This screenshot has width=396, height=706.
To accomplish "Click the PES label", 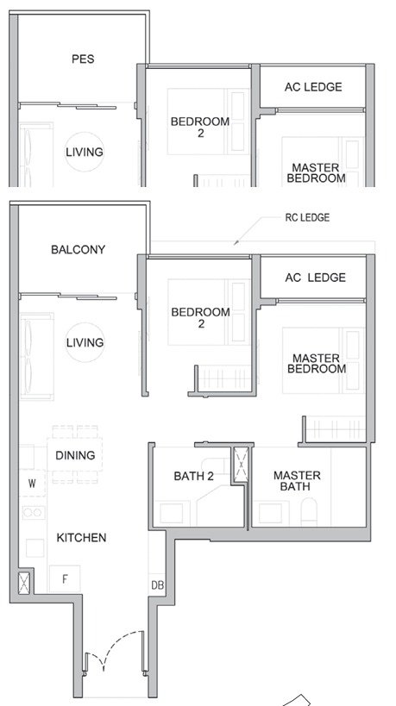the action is pos(83,59).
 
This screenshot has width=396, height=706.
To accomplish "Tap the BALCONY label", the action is pos(78,249).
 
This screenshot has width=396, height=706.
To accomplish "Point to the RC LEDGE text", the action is pos(307,218).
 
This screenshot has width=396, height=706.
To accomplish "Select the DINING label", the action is pos(75,455).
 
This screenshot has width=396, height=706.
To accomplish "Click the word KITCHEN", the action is pos(82,538).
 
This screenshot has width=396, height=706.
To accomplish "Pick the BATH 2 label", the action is pos(194,476).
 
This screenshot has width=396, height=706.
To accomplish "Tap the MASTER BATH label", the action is pos(297,481).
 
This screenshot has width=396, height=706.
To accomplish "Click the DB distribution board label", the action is pos(157,585).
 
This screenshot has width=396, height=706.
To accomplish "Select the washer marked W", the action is pos(32,483).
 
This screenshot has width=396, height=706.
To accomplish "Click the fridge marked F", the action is pos(65,579).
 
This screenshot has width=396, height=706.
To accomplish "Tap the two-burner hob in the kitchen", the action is pos(34,512).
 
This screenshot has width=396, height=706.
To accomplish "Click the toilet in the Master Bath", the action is pos(309,512).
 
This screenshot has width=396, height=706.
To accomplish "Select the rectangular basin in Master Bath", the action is pos(270,513).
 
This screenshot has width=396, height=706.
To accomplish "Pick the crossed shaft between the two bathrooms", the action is pos(241,465).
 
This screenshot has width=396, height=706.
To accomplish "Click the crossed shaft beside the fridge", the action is pos(24,582).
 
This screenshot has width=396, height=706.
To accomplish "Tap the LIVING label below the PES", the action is pos(85,153).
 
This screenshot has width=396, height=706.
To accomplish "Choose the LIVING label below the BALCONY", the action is pos(85,342).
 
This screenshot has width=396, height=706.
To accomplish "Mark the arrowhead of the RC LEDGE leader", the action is pos(236,243).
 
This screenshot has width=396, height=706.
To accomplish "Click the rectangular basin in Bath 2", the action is pos(172,513).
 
